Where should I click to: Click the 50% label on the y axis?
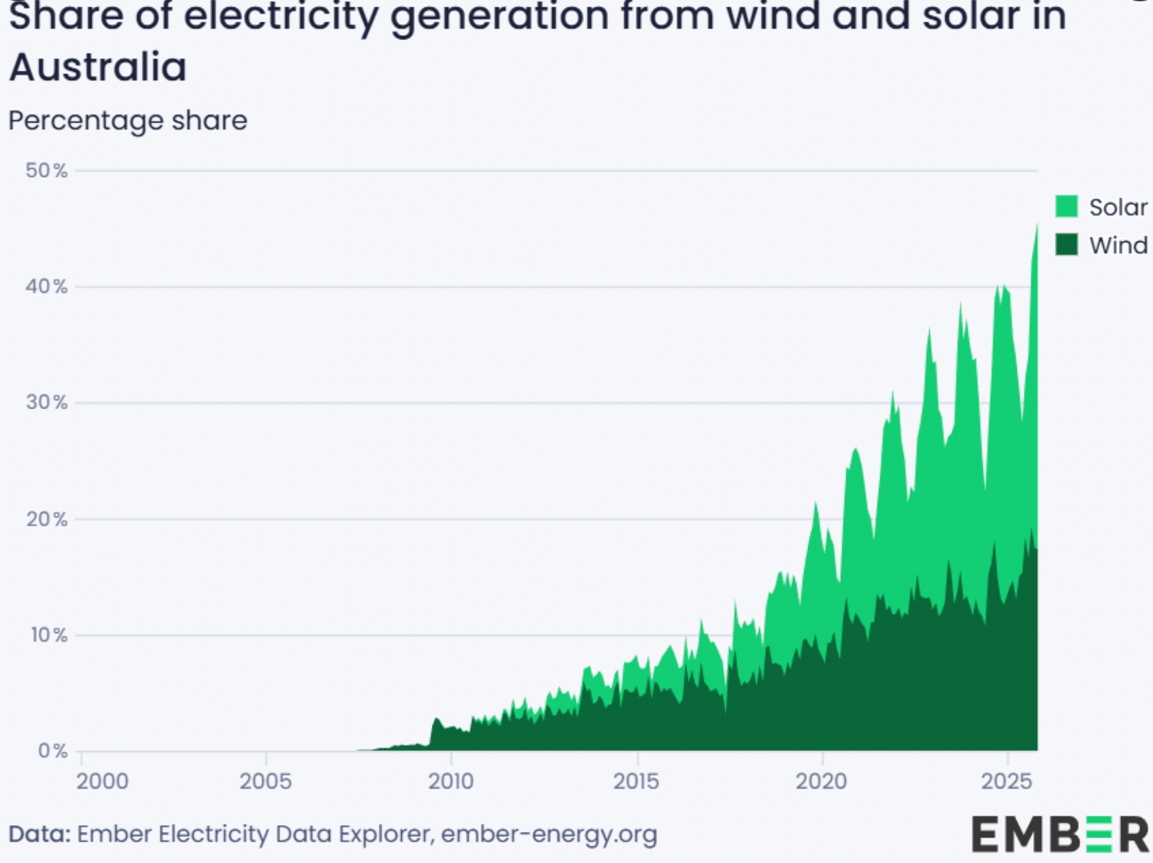point(46,171)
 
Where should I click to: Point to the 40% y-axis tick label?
point(46,287)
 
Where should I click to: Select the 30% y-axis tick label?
point(46,403)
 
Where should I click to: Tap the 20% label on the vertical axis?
point(46,519)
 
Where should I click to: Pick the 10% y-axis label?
point(48,635)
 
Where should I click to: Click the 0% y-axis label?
point(52,751)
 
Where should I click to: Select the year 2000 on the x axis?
point(102,782)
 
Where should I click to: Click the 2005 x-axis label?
point(265,782)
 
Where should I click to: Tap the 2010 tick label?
point(451,782)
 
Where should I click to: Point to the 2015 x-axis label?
point(636,782)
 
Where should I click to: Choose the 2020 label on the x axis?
point(821,782)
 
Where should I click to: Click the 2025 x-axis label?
point(1006,782)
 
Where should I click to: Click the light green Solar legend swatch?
point(1067,206)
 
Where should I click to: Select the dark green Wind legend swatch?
point(1067,245)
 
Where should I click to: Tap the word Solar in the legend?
point(1118,208)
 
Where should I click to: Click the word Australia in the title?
point(98,67)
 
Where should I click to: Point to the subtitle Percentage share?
point(128,120)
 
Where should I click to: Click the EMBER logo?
point(1059,835)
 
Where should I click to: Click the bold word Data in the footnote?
point(39,835)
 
